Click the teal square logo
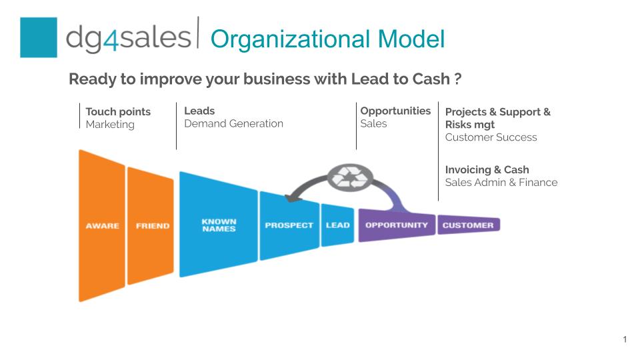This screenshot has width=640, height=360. pos(39,37)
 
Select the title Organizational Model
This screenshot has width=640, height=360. pos(327,39)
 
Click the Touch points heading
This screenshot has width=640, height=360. pos(118,111)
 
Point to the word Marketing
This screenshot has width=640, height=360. pos(110,125)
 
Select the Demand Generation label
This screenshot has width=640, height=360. pos(233,124)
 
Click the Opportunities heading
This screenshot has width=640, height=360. pos(395,111)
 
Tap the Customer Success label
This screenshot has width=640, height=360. pos(491,137)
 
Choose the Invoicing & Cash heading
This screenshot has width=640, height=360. pos(487,169)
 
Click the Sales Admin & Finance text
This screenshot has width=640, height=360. pos(501,183)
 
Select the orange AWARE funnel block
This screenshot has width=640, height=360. pos(102,226)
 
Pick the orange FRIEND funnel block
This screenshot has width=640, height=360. pos(151,226)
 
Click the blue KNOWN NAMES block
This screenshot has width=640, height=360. pos(219,225)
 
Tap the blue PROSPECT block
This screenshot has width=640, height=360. pos(289,225)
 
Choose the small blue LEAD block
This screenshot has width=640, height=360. pos(337,225)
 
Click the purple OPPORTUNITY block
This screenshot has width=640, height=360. pos(397,225)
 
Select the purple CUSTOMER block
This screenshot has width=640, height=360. pos(469,225)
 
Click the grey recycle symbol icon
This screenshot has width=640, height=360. pos(350,178)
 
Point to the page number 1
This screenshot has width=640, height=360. pos(625,339)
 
